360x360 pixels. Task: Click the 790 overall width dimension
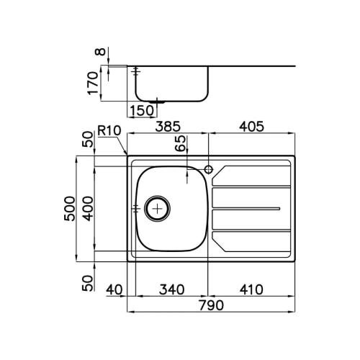(211, 305)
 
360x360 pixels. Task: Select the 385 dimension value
(168, 127)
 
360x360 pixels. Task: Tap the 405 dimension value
(251, 127)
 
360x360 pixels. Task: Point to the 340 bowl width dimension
(172, 289)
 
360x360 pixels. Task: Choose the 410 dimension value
(251, 289)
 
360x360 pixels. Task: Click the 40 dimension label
(114, 289)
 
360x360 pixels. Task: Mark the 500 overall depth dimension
(70, 208)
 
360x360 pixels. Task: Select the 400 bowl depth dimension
(88, 208)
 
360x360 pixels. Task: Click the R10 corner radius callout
(109, 131)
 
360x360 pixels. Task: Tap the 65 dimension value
(181, 143)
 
